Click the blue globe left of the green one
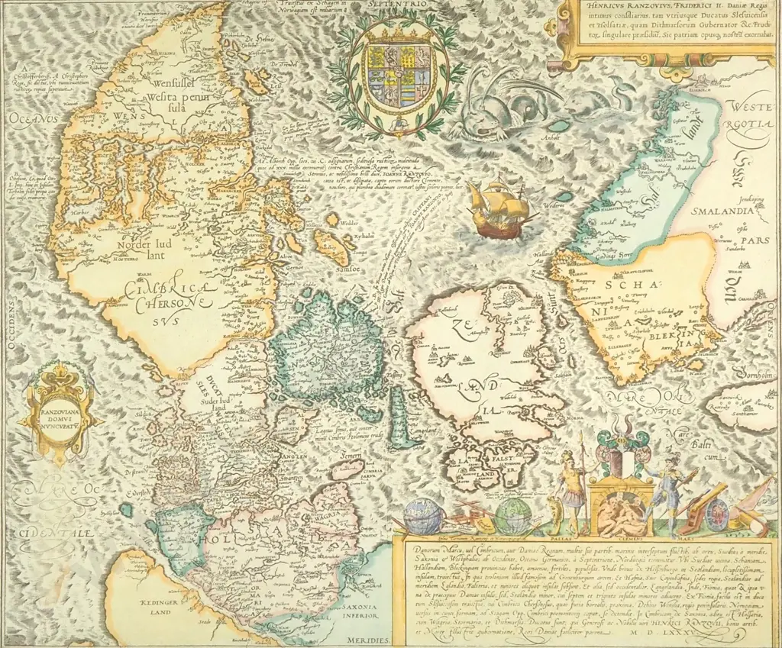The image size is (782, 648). click(x=422, y=516)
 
